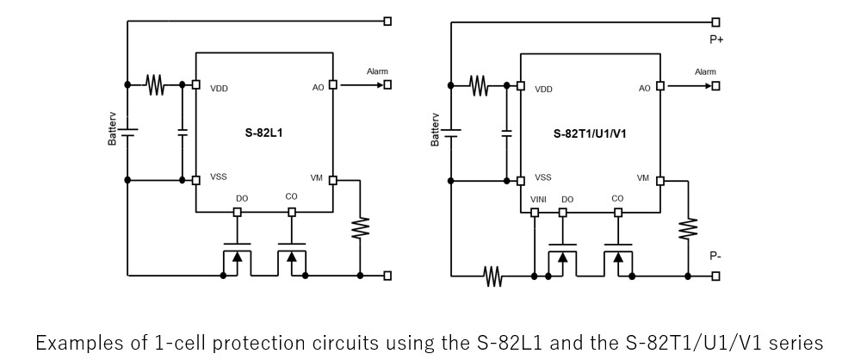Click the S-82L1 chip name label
[263, 134]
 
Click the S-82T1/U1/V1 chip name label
[589, 134]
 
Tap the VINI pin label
[538, 200]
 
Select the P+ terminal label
[715, 38]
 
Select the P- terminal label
[715, 256]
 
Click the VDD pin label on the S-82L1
[219, 89]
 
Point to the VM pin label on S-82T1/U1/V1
[642, 177]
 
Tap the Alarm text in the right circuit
[705, 71]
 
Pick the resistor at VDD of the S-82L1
[155, 84]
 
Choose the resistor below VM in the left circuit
[360, 228]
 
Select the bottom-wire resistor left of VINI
[492, 276]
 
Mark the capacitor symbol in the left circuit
[183, 133]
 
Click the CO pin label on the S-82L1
[291, 197]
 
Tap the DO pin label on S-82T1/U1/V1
[566, 200]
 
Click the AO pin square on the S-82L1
[332, 84]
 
